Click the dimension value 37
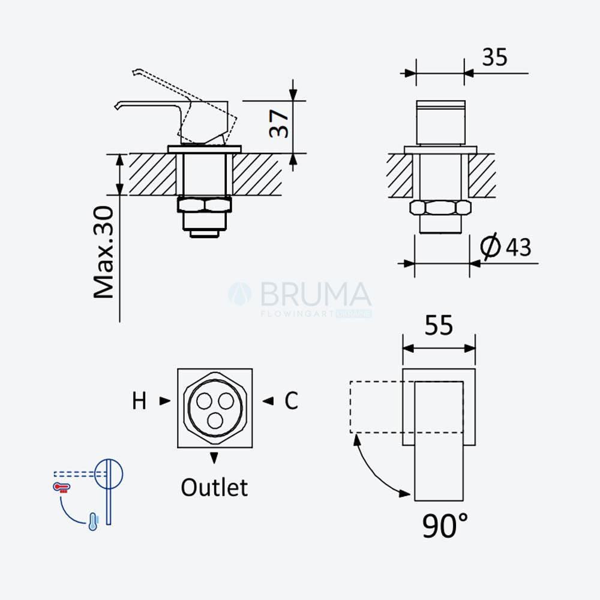[x=278, y=124]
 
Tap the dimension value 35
[x=495, y=58]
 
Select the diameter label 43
[x=518, y=247]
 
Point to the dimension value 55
[x=439, y=325]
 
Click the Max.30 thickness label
[x=104, y=252]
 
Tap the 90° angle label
[x=445, y=526]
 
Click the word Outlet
[x=214, y=487]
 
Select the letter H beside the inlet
[x=139, y=401]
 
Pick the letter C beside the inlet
[x=291, y=401]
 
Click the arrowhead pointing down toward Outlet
[x=214, y=458]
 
